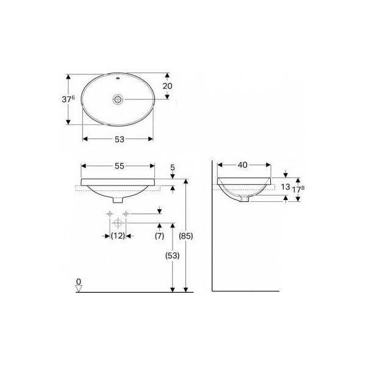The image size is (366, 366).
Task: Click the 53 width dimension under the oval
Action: tap(119, 139)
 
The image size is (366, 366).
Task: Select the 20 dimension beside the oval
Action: tap(167, 86)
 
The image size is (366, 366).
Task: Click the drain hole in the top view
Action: tap(118, 98)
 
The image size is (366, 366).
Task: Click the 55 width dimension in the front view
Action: tap(119, 166)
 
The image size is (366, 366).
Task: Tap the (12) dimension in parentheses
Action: tap(118, 235)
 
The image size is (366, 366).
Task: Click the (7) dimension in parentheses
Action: tap(159, 235)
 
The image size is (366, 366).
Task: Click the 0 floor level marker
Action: tap(78, 281)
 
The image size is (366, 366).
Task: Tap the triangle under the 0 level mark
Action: tap(79, 289)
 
